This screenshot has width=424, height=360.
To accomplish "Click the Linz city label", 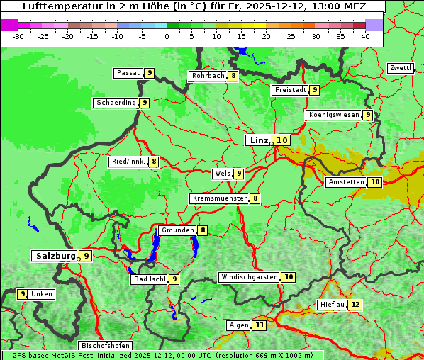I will coord(258,140).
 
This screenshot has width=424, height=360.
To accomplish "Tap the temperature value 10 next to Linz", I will coord(282,140).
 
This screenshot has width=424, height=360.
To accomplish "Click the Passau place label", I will coord(128,73).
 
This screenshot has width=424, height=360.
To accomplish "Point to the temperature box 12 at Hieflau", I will coord(355,305).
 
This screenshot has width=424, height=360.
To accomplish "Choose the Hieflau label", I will coord(332,305).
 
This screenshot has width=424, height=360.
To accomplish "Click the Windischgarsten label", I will coord(249,277).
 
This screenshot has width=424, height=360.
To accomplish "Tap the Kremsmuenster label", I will coord(219,198).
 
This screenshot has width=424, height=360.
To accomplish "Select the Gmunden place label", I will coord(177,230).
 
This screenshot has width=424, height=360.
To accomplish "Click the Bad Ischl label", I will coord(149,279).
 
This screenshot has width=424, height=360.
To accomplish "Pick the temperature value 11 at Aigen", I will coord(260,325).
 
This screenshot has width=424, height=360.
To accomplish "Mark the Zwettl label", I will coord(400,68).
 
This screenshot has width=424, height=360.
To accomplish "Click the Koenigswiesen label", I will coord(333,115).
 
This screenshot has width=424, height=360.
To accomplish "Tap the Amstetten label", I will coord(345,182).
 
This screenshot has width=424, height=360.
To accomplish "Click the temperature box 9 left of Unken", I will coord(22,293).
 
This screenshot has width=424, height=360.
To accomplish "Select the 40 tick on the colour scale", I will coord(365,36).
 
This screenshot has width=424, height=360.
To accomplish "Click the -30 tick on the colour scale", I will coord(18,36).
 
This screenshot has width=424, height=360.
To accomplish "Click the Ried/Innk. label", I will coord(128,162).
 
